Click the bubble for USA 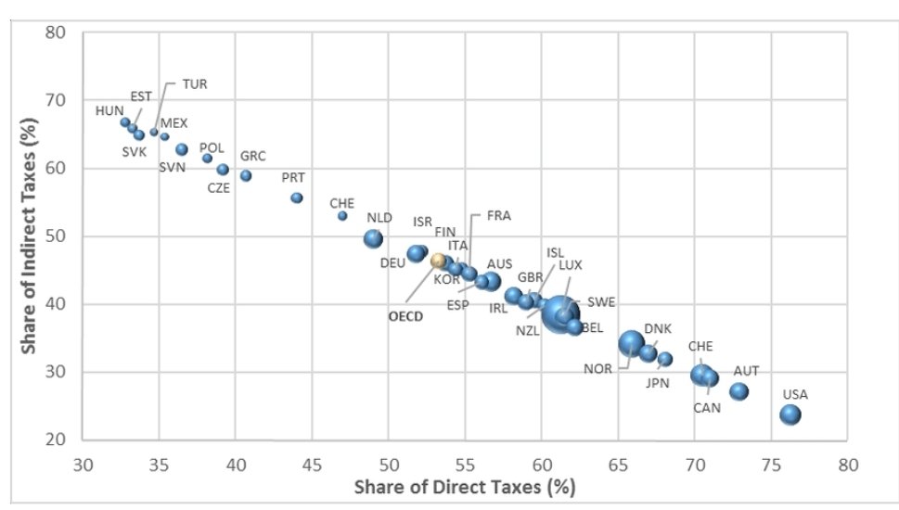(790, 414)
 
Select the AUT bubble (738, 391)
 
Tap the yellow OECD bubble (438, 261)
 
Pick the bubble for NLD (373, 238)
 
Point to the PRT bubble (297, 198)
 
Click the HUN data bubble (125, 121)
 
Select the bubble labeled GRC (246, 175)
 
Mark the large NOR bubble (631, 343)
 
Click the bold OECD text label (405, 315)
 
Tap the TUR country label (194, 83)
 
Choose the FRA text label (498, 215)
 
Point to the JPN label (658, 382)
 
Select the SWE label (601, 302)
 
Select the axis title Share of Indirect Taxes (29, 236)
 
